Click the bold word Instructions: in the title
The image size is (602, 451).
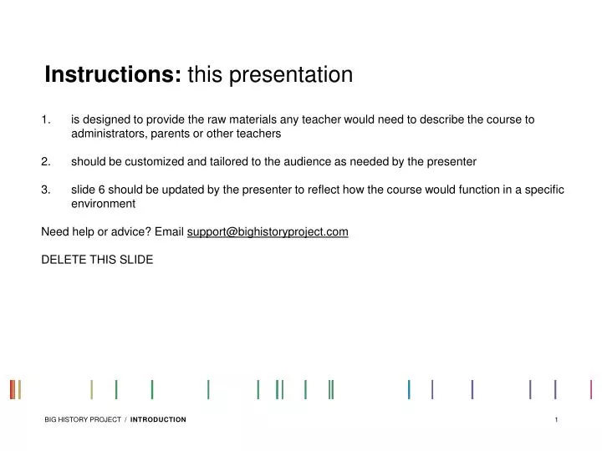[113, 75]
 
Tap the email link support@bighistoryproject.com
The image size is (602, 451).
[268, 231]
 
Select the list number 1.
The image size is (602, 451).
[45, 119]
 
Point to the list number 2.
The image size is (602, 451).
[45, 161]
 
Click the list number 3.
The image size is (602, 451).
[45, 190]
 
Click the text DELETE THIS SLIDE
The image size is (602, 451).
[97, 259]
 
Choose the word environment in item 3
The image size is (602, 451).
[103, 204]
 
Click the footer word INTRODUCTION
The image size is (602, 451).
[158, 419]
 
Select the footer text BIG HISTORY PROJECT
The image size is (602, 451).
[83, 419]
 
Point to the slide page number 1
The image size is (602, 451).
[556, 419]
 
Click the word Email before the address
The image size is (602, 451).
[167, 231]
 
